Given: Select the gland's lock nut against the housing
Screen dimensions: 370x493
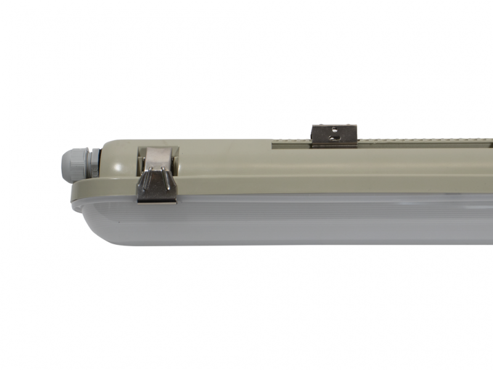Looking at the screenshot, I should pos(92,163).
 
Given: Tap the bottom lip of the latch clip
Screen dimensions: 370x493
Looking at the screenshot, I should pos(157,199).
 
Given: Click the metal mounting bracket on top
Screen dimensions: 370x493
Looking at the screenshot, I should pos(334,135).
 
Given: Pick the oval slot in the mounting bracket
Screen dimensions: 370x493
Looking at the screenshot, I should pos(333,138).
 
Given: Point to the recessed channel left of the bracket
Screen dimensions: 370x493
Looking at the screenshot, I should pos(290,144).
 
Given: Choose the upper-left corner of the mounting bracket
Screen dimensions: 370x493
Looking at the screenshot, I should pos(313,126).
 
